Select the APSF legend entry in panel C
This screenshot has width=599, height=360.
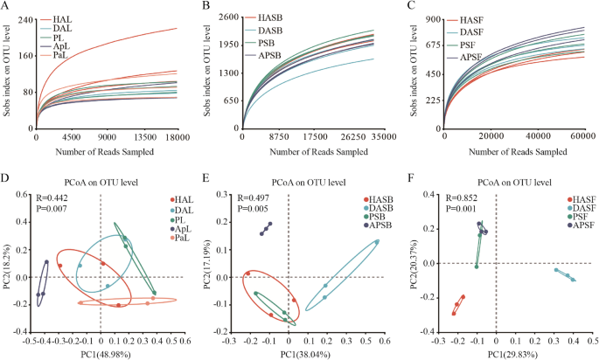pyautogui.click(x=473, y=55)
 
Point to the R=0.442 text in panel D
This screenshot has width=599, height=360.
pyautogui.click(x=52, y=185)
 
